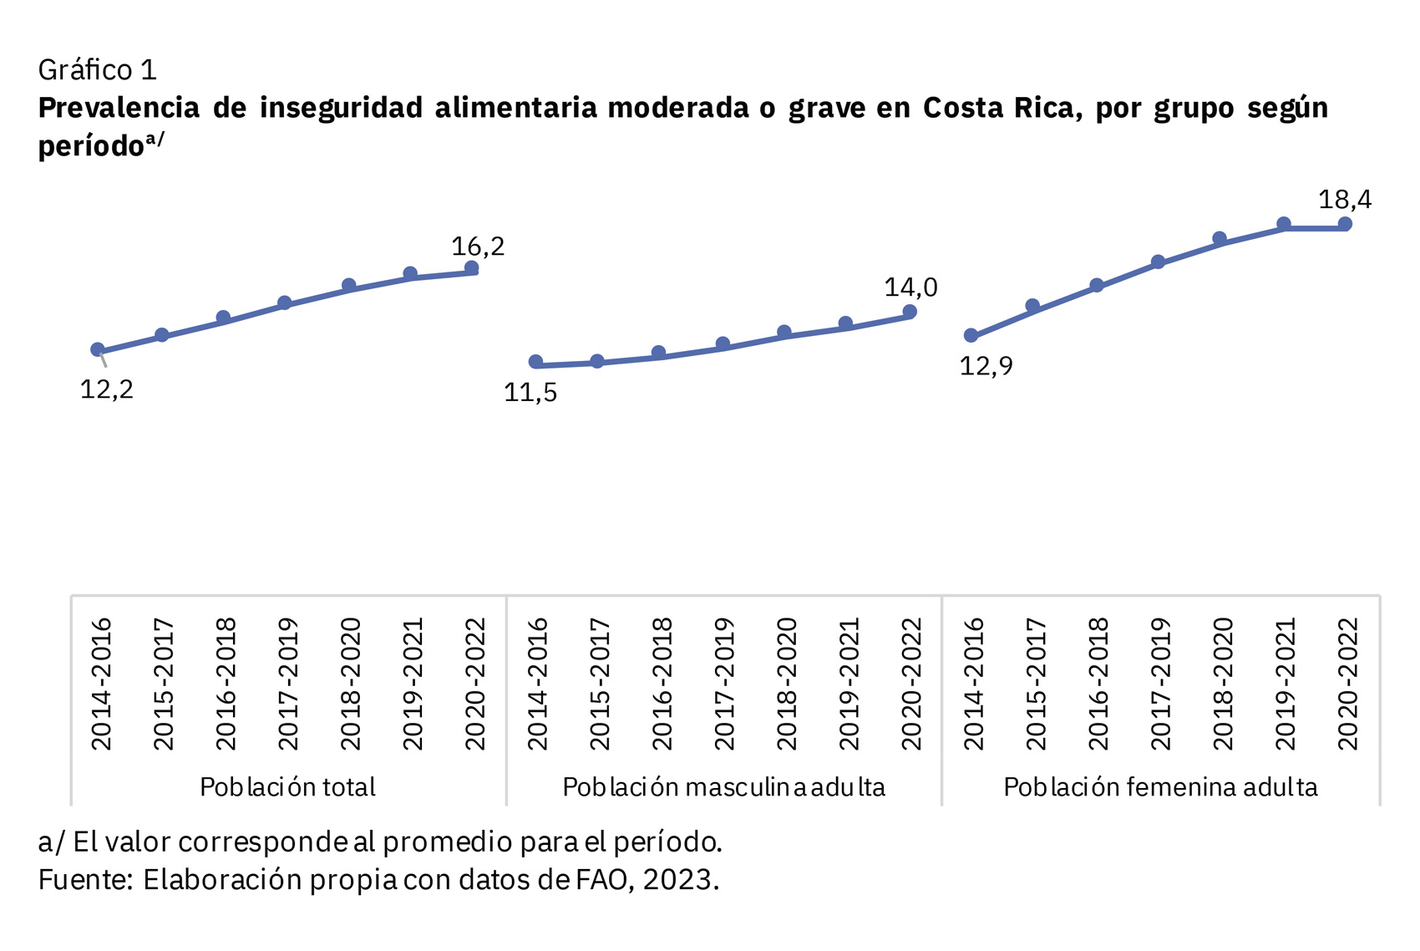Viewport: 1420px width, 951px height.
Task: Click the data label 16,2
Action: [478, 247]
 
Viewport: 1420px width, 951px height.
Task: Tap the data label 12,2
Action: [106, 389]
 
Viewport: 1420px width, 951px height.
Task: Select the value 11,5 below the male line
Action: [530, 393]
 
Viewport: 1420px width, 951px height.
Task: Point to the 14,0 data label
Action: [910, 287]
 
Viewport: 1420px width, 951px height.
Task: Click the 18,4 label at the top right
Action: [1344, 200]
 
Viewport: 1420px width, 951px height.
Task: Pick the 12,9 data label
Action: [986, 366]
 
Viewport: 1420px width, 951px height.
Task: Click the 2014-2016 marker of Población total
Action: [98, 350]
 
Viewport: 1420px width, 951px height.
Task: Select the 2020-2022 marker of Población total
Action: [471, 268]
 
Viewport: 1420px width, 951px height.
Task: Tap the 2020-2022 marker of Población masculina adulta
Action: [910, 312]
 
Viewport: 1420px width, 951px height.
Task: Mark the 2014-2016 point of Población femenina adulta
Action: [971, 336]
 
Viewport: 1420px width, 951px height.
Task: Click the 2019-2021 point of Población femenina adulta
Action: [1284, 224]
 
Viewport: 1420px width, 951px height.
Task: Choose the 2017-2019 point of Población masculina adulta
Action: [723, 344]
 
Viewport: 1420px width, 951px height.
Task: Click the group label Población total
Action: [287, 787]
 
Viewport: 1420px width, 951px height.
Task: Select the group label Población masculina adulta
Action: [723, 787]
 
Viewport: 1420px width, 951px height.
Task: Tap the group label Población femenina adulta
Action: [1160, 787]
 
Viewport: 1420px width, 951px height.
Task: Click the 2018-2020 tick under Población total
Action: [350, 684]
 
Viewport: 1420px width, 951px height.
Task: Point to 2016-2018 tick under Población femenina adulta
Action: [1097, 684]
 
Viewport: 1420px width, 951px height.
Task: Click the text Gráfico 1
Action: [97, 70]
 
